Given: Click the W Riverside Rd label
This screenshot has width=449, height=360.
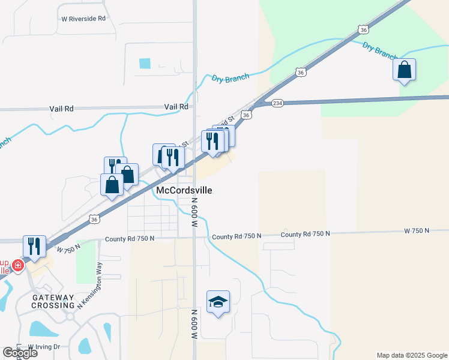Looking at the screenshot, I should tap(83, 19).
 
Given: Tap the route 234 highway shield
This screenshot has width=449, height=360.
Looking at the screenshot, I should tap(277, 103).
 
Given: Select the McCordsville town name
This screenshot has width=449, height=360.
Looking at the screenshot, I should tap(184, 190).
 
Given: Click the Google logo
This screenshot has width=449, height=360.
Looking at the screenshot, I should tap(20, 353).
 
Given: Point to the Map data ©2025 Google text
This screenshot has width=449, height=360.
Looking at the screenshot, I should tap(412, 355).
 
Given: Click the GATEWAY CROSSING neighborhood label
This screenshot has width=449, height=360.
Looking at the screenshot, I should tap(53, 301).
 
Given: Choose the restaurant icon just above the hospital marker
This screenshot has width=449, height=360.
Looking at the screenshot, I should tap(34, 247).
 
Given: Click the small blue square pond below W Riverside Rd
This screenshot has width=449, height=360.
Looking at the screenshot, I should tap(145, 63).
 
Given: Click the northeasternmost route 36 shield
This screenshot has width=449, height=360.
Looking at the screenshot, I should tap(362, 29).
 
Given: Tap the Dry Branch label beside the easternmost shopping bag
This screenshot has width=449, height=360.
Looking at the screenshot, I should tap(379, 50).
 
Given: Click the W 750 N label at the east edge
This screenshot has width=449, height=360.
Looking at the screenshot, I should tap(417, 230).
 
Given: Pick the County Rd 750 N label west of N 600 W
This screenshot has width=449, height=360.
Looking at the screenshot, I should tap(130, 238).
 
